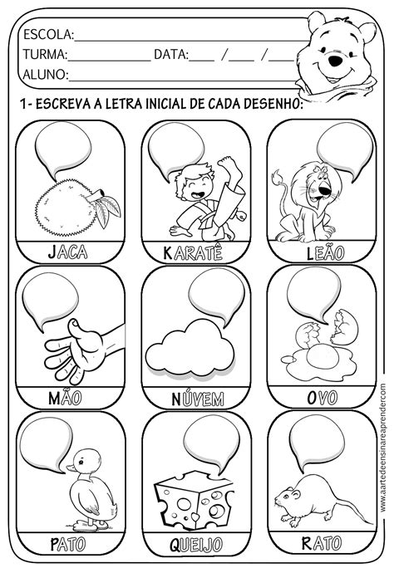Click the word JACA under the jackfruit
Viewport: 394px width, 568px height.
tap(68, 252)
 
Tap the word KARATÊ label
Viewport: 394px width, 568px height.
tap(193, 252)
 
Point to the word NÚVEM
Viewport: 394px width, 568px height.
tap(198, 399)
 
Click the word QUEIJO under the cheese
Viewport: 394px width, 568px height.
tap(196, 545)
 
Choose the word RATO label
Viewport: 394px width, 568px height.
tap(322, 543)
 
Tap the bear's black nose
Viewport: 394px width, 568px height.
tap(335, 61)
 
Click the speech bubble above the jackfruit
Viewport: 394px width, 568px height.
tap(62, 149)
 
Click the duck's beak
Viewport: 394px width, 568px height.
tap(71, 468)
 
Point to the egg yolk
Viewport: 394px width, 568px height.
tap(323, 355)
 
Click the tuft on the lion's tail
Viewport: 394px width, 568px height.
tap(278, 176)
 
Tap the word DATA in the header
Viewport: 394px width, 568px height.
tap(171, 54)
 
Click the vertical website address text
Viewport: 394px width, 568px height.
tap(383, 448)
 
